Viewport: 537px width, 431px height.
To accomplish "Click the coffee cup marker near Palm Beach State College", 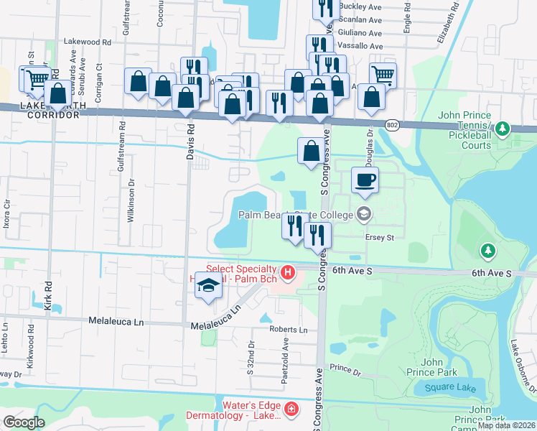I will [365, 180].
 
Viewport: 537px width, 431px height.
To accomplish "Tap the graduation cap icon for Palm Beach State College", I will [364, 213].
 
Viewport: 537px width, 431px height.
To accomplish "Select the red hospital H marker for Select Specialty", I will [288, 272].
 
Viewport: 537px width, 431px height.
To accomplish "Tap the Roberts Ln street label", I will [289, 330].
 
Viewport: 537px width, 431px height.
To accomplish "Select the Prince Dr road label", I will [345, 368].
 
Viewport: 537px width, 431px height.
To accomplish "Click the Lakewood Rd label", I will [88, 42].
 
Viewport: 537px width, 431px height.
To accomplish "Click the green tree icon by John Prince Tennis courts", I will [503, 129].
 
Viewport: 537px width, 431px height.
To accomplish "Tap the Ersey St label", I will [381, 237].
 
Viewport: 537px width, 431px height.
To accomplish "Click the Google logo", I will [24, 422].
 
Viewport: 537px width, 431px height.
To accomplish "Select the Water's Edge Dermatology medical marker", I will [291, 409].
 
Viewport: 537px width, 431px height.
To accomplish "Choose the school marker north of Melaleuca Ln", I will [208, 287].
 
